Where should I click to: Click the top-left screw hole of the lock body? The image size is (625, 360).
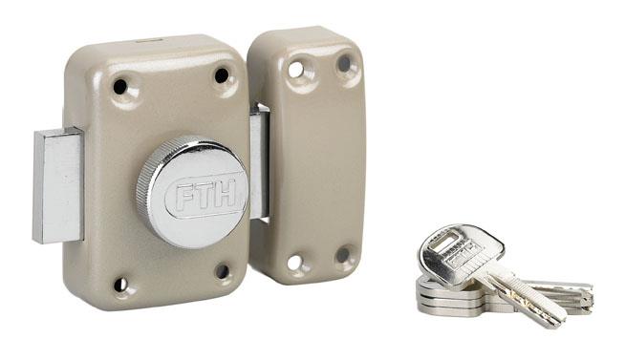pos(120,86)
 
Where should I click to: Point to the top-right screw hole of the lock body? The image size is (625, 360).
pos(222,75)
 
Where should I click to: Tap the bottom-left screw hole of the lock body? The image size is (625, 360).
pos(120,284)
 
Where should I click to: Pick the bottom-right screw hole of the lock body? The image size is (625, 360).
pos(223,271)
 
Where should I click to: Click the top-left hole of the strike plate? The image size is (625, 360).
pos(295,70)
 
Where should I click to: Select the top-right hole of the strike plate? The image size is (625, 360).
pos(344,64)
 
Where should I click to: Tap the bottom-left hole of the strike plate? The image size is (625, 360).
pos(294,263)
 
